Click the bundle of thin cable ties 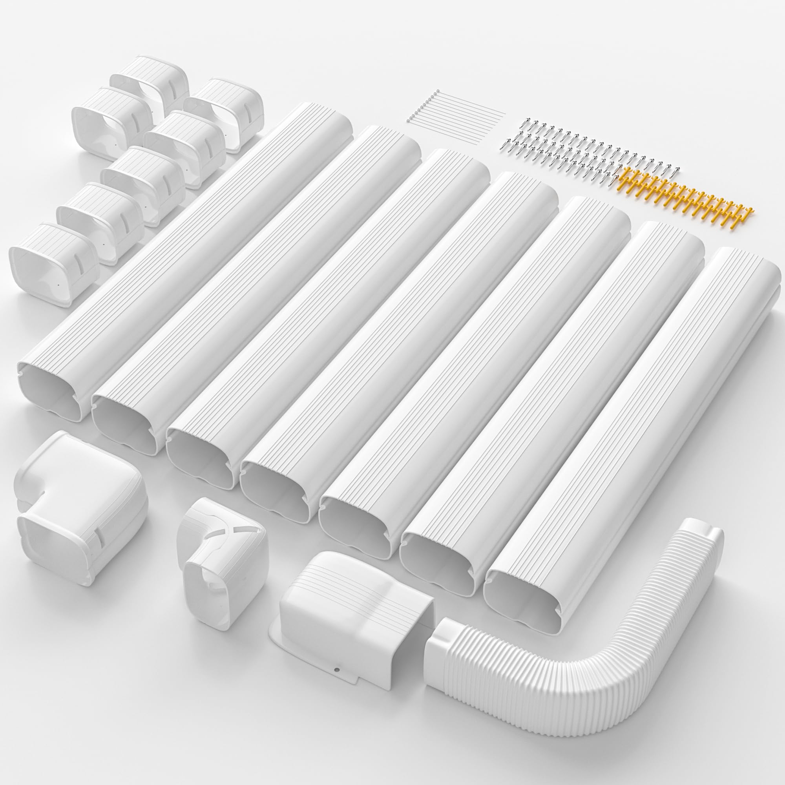pos(455,108)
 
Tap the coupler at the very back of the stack pos(150,77)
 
